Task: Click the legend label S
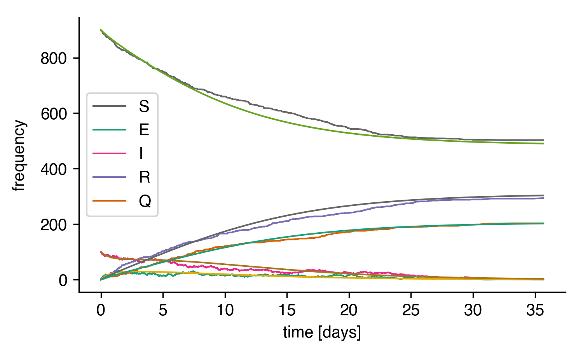point(144,106)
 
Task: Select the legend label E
point(144,130)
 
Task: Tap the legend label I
point(141,153)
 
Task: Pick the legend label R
point(145,177)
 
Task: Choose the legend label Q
point(145,201)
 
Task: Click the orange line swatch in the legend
point(110,201)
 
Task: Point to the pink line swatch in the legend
point(110,153)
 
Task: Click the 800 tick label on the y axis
point(54,58)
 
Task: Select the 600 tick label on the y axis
point(54,114)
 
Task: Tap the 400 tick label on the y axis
point(54,169)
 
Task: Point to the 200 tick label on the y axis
point(54,225)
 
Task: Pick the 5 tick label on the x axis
point(163,310)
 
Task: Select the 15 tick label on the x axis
point(287,310)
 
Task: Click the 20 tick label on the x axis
point(349,310)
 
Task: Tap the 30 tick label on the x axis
point(473,310)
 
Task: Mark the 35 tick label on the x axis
point(535,310)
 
